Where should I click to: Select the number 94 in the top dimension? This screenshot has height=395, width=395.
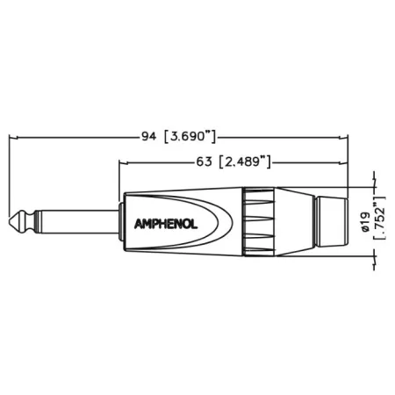[148, 137]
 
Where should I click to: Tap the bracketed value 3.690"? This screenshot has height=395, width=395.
[190, 137]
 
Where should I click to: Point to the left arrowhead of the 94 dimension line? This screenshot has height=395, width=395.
[13, 137]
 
